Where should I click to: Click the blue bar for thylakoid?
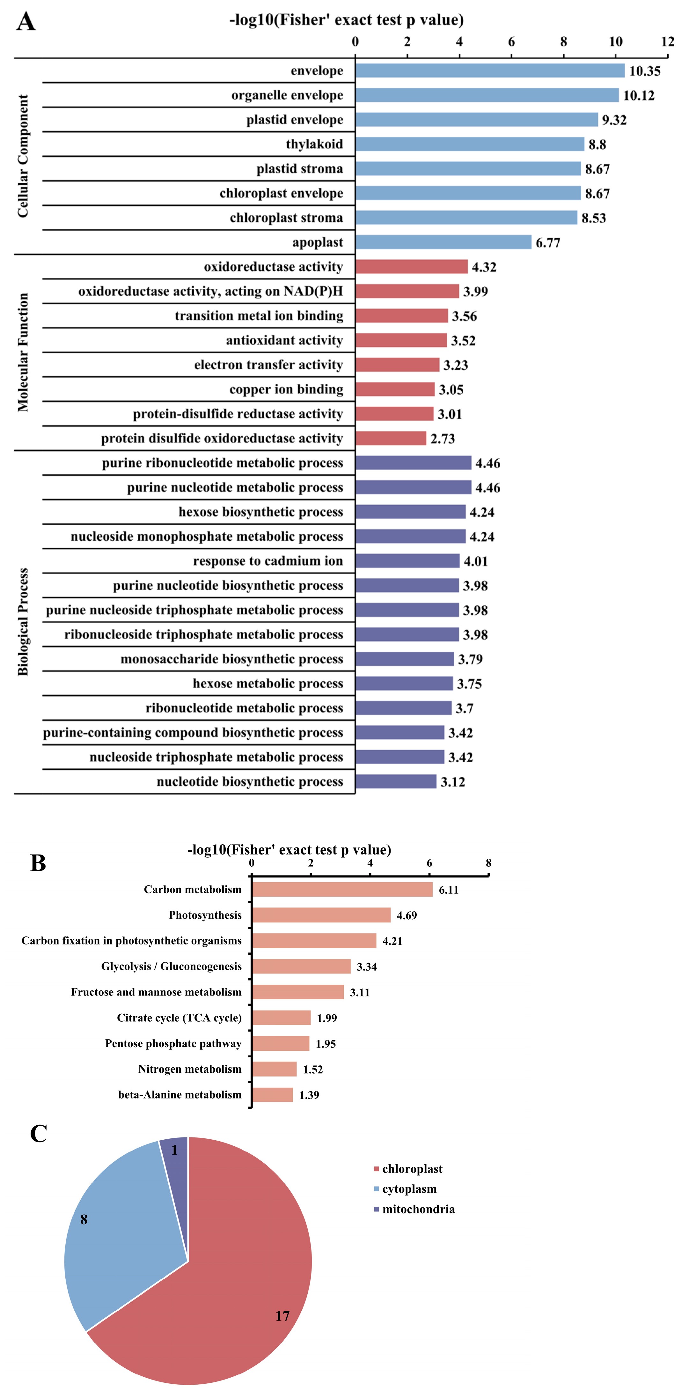(470, 144)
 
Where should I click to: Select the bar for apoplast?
(443, 242)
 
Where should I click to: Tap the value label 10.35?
(644, 71)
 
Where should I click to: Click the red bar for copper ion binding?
(395, 389)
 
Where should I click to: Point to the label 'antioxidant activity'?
(284, 341)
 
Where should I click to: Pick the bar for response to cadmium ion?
(407, 561)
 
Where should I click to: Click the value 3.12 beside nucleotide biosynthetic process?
(452, 782)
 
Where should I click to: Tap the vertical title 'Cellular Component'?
(23, 156)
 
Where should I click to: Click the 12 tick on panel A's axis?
(667, 42)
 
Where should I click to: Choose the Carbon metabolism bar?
(342, 890)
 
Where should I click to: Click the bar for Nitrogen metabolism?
(274, 1069)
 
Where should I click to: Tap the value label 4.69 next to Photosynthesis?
(407, 916)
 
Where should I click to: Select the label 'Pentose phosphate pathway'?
(173, 1044)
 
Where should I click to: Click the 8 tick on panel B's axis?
(488, 863)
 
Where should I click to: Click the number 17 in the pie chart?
(282, 1316)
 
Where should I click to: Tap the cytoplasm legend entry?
(409, 1189)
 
